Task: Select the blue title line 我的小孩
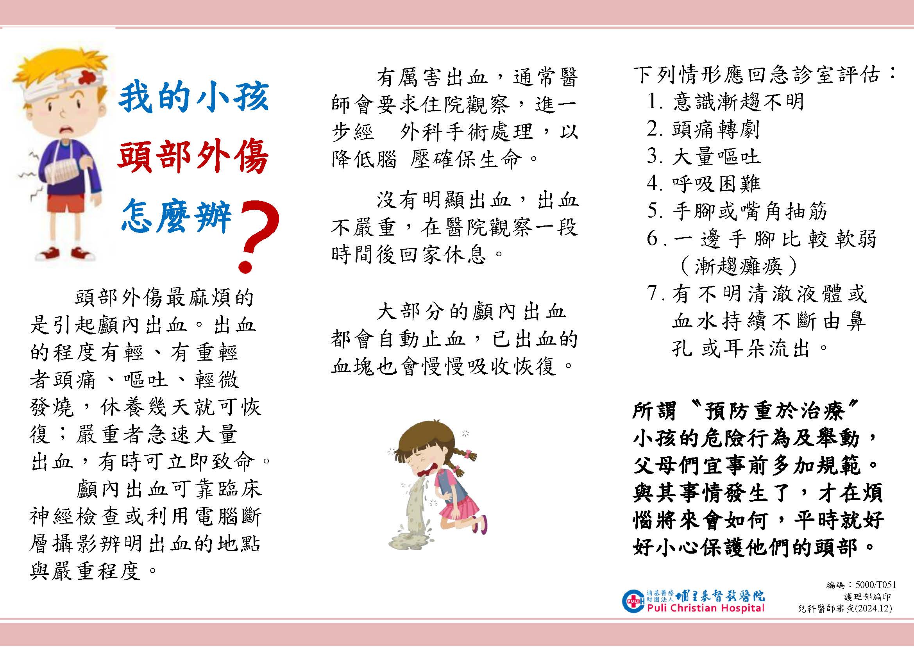pos(194,98)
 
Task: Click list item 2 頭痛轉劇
pos(703,129)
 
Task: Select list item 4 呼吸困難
pos(703,184)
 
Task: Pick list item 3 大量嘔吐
pos(703,156)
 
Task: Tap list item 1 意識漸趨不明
pos(725,102)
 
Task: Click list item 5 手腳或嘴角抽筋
pos(737,211)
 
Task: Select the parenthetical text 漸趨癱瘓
pos(739,266)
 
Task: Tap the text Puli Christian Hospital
pos(706,608)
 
